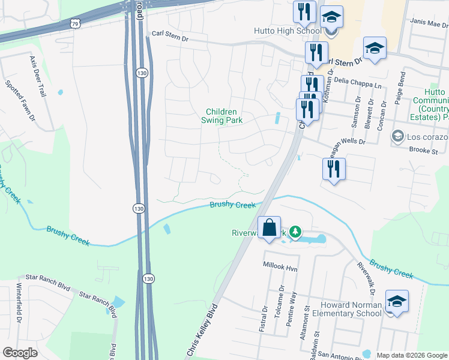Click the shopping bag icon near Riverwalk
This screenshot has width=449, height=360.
270,228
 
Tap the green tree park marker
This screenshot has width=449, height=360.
295,231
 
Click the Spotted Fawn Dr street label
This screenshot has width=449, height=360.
20,101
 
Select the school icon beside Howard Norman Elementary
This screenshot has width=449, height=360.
397,301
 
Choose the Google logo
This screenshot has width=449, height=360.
20,352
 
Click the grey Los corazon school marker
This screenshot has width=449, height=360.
396,137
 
